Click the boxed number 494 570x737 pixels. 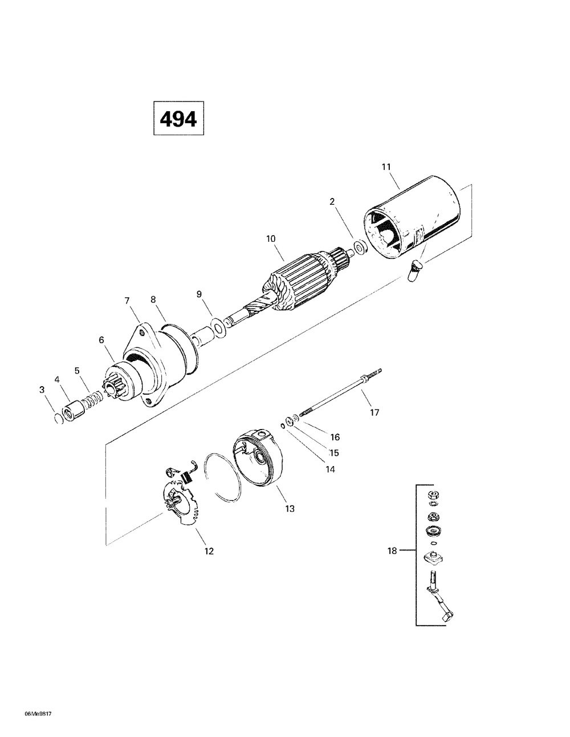178,119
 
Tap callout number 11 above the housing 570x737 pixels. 386,167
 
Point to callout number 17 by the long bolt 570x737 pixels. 374,412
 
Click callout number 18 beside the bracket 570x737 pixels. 392,551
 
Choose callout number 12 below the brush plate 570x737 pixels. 209,551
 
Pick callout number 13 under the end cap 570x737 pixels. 290,508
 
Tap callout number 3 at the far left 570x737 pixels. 42,390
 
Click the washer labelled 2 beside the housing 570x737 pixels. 359,247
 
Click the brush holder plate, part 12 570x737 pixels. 180,502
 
